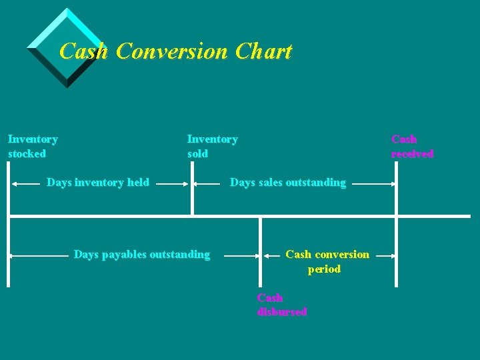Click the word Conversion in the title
173,51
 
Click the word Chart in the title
263,51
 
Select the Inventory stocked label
33,146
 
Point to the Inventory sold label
212,146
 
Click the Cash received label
412,147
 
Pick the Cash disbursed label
281,305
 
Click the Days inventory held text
98,182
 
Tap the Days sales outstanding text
288,182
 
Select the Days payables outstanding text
141,254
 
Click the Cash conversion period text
327,261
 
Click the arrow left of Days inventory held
27,183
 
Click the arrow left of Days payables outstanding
40,255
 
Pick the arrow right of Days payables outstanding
241,255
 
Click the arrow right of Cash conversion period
384,255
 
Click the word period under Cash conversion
324,269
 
